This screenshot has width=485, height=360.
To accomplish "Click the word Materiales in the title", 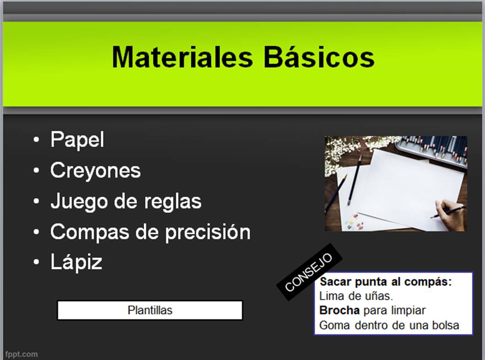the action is tap(183, 57).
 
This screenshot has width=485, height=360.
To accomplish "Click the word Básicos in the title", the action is tap(319, 57).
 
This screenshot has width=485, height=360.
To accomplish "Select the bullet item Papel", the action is tap(77, 140).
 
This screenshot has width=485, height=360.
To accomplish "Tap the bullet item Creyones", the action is tap(95, 171).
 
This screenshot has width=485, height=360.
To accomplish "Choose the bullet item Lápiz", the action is tap(76, 263).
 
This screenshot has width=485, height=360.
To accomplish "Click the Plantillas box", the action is tap(150, 310).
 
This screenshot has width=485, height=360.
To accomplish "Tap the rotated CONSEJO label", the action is tap(309, 272).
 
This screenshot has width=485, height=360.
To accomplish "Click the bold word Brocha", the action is tap(339, 310).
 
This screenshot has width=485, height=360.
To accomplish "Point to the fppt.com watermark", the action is tap(22, 354).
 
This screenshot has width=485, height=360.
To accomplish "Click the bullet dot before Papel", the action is tap(37, 140).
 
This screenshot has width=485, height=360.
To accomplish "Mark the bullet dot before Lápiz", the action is tap(37, 262).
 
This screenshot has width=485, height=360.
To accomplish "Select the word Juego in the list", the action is tap(80, 202).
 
